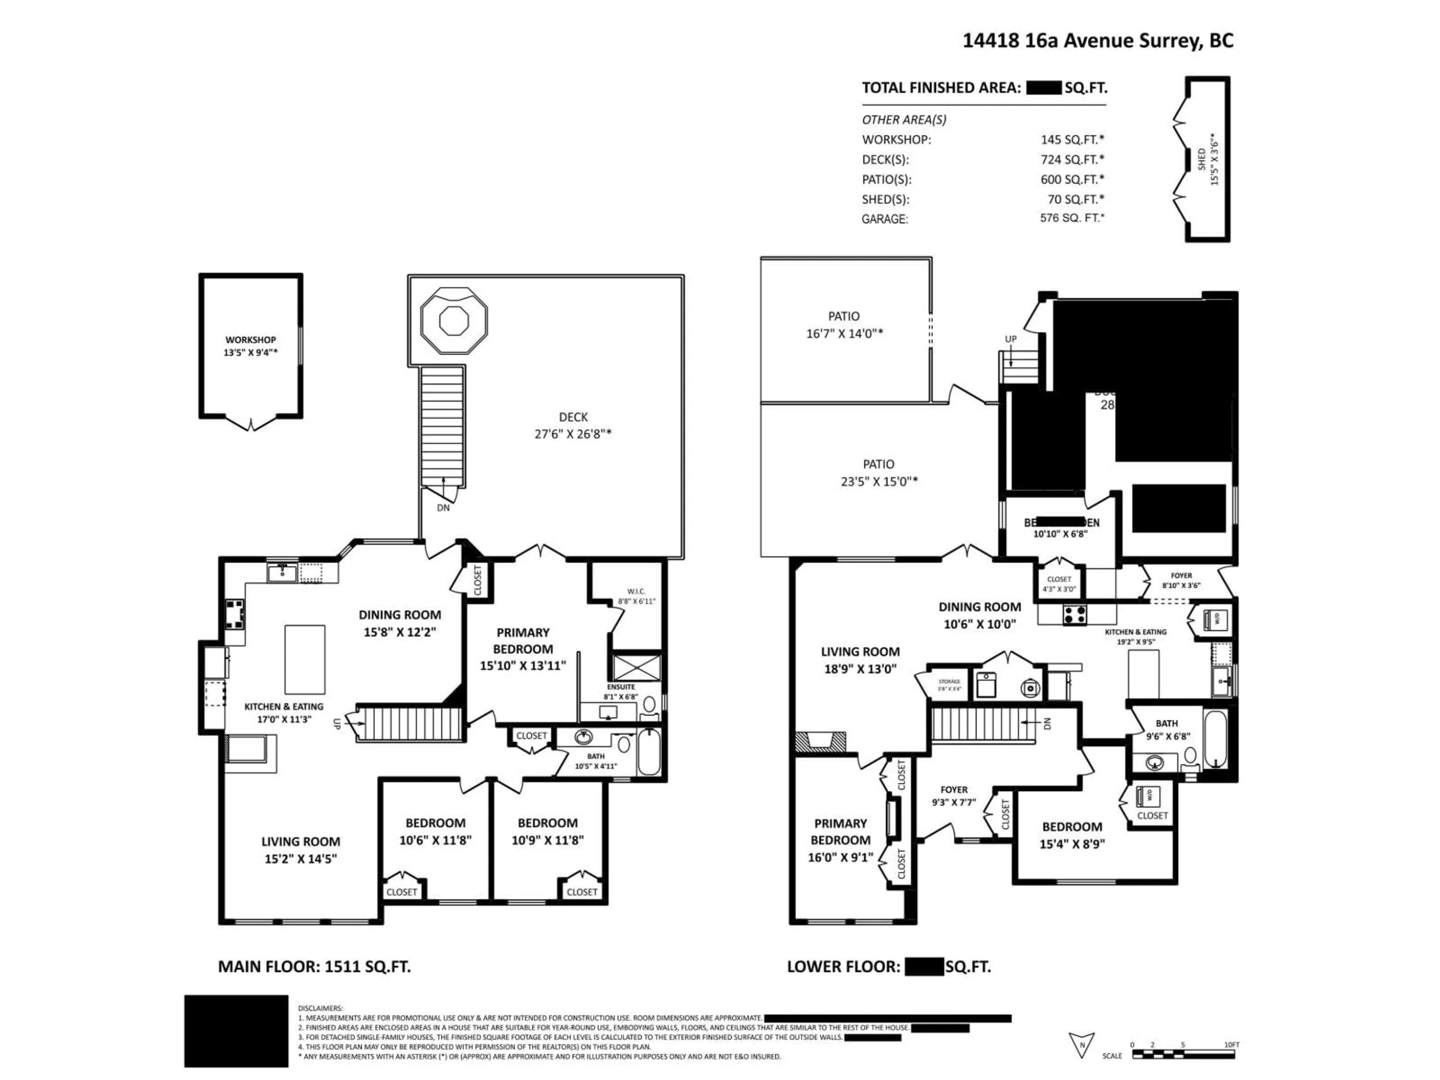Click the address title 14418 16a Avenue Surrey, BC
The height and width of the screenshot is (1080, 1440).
click(1098, 40)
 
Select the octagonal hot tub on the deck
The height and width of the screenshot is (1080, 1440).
click(454, 319)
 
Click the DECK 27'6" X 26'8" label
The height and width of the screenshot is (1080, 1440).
click(573, 425)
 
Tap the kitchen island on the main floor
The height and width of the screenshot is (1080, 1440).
click(304, 660)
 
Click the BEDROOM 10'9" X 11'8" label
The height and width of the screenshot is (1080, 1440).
click(547, 831)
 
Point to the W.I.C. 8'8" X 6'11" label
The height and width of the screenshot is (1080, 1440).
click(636, 596)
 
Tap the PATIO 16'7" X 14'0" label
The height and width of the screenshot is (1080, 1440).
click(844, 324)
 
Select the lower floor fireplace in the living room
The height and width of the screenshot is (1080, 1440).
click(820, 741)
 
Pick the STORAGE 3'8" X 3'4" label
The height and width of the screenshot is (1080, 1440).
click(949, 684)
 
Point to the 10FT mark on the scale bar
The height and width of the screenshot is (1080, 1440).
click(1231, 1045)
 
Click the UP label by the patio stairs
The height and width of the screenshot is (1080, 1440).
click(1010, 339)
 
